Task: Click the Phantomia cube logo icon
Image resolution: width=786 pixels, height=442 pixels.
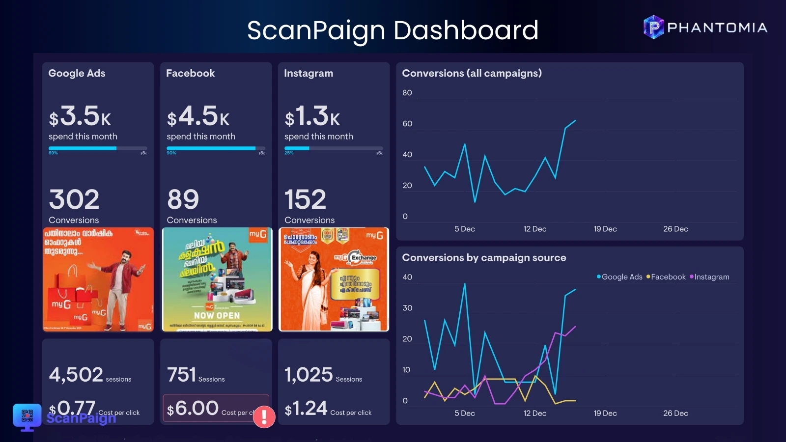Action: [x=653, y=27]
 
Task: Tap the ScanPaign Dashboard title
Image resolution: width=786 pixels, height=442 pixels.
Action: [x=393, y=30]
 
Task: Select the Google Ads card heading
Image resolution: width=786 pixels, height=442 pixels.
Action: [x=77, y=73]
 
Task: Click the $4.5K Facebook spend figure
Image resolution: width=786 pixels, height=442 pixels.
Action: [x=198, y=116]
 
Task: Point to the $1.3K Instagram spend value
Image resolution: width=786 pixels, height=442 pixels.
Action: [x=312, y=116]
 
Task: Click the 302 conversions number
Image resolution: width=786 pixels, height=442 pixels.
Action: [x=74, y=199]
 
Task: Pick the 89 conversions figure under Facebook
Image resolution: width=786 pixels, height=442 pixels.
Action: [x=183, y=199]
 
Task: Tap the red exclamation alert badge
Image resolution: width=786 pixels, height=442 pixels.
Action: [x=264, y=416]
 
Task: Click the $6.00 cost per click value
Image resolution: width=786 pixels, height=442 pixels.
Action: [x=193, y=408]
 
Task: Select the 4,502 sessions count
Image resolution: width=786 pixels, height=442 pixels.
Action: [x=76, y=375]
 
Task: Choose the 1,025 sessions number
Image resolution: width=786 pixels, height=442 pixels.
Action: [x=309, y=375]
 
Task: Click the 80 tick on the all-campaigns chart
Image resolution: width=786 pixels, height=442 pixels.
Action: [x=407, y=93]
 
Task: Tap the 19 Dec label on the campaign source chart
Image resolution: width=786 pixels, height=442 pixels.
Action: [x=605, y=414]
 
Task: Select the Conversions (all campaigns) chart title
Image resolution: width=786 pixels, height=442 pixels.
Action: [x=472, y=73]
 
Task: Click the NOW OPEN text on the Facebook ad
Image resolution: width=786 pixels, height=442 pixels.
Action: [x=217, y=316]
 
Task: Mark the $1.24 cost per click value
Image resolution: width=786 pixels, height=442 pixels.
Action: [x=306, y=408]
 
